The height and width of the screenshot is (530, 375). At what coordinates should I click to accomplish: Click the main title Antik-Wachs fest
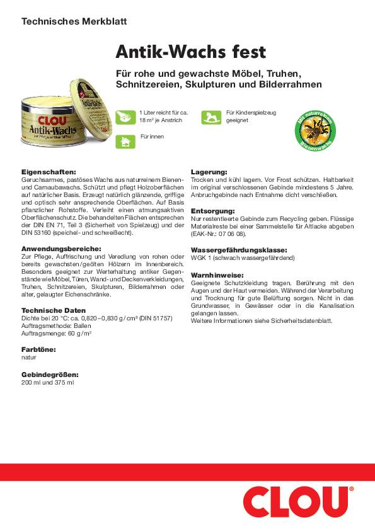pyautogui.click(x=190, y=51)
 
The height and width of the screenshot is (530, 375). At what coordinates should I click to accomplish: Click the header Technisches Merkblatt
pyautogui.click(x=74, y=21)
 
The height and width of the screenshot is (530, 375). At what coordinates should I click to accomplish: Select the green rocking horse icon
pyautogui.click(x=211, y=117)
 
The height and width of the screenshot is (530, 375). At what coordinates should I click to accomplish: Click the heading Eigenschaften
pyautogui.click(x=49, y=171)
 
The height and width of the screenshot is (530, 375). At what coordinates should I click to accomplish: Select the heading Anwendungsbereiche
pyautogui.click(x=61, y=249)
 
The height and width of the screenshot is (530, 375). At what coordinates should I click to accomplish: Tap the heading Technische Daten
pyautogui.click(x=53, y=310)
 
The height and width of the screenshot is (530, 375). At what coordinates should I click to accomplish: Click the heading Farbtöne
pyautogui.click(x=38, y=349)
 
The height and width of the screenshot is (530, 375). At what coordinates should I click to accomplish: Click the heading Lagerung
pyautogui.click(x=209, y=171)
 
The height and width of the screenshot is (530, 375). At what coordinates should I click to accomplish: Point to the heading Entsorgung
pyautogui.click(x=212, y=210)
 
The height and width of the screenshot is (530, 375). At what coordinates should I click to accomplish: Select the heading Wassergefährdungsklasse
pyautogui.click(x=239, y=249)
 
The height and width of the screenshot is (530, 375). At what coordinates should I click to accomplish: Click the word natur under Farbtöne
pyautogui.click(x=29, y=356)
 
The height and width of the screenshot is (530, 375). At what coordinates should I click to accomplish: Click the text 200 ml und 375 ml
pyautogui.click(x=48, y=382)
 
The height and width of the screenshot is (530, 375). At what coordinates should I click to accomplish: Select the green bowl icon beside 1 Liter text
pyautogui.click(x=125, y=116)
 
